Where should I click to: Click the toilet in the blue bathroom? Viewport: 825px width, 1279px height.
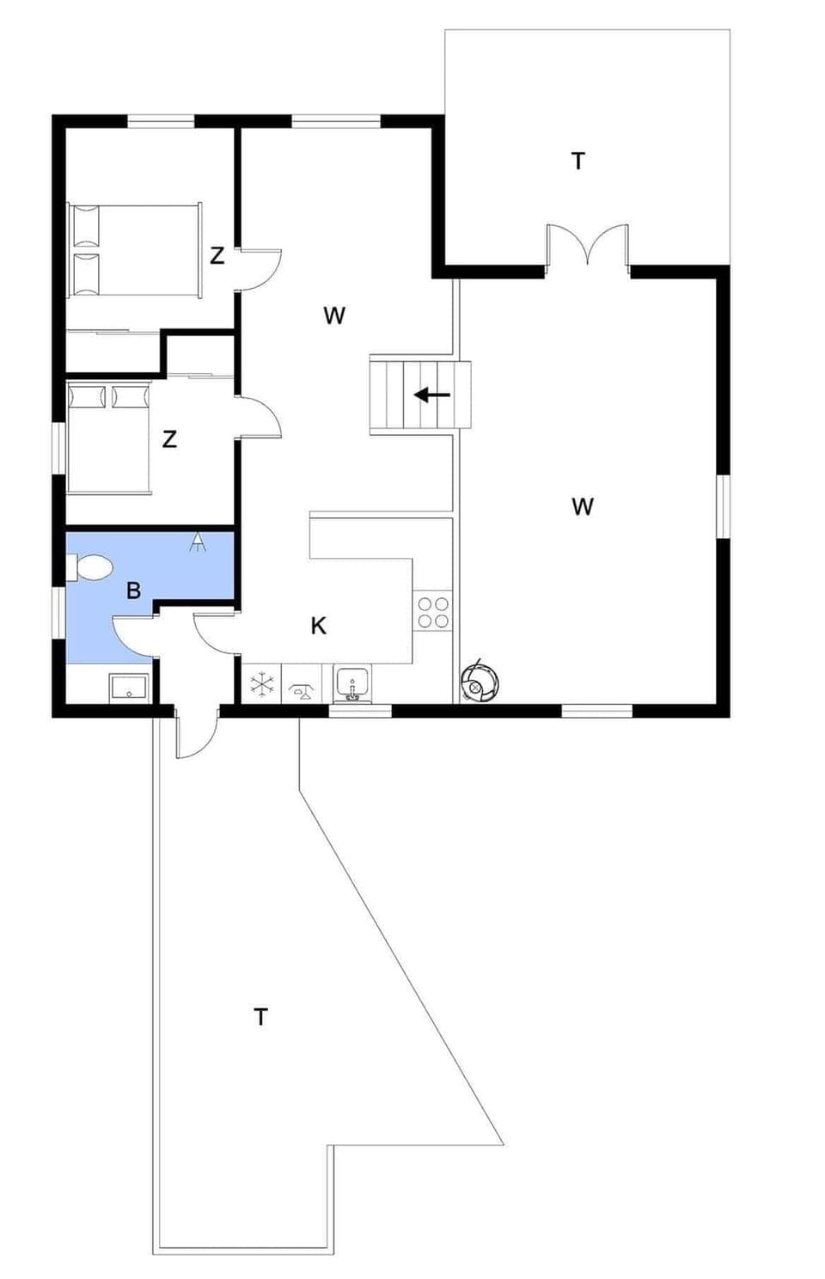(x=90, y=567)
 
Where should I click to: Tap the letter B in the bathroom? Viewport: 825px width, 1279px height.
(x=133, y=591)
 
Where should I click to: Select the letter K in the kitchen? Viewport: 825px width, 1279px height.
(x=318, y=626)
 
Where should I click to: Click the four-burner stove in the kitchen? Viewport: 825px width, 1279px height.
(x=433, y=610)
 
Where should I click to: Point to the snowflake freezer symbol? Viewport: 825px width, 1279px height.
(x=262, y=684)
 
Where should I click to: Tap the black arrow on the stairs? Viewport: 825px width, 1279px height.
(x=432, y=395)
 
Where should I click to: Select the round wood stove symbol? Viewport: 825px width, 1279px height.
(x=477, y=685)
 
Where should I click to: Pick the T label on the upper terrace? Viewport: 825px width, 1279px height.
(x=578, y=161)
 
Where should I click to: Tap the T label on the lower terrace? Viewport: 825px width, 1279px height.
(x=260, y=1017)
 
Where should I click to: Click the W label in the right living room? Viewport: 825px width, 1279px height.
(x=583, y=506)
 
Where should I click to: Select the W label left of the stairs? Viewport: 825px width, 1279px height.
(x=334, y=315)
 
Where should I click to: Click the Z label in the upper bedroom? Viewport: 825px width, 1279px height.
(x=217, y=255)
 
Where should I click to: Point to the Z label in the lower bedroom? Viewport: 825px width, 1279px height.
(x=169, y=439)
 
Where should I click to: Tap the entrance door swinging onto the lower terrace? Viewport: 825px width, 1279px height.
(x=196, y=735)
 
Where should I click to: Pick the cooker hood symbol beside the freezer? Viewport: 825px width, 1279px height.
(x=301, y=685)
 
